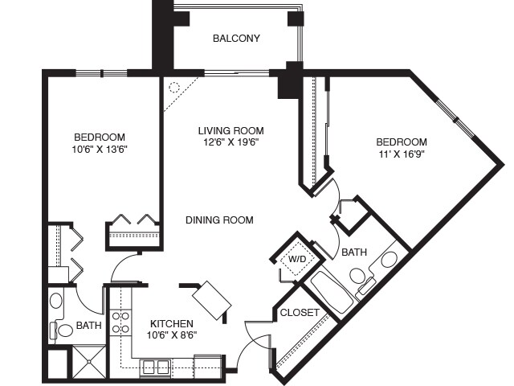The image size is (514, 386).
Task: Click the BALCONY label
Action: point(236,38)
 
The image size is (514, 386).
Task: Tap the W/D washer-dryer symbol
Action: point(296,259)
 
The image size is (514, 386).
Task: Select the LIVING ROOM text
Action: point(231,130)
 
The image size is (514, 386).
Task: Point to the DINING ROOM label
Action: point(219,220)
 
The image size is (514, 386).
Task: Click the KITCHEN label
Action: point(171,322)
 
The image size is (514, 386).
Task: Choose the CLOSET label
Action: point(300,312)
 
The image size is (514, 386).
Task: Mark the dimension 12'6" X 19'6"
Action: point(230,142)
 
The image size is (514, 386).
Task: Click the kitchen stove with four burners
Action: point(120,322)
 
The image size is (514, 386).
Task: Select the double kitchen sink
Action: point(156,367)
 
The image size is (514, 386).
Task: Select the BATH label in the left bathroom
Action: point(88,326)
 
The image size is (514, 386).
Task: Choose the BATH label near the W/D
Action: point(354,253)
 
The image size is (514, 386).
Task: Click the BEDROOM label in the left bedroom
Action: point(100,137)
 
